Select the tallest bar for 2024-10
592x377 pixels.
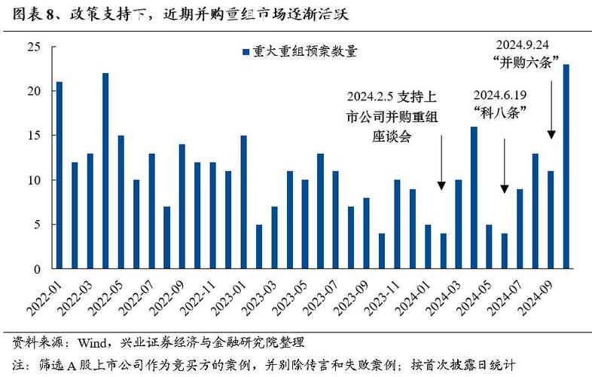point(566,167)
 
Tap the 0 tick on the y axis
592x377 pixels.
point(35,269)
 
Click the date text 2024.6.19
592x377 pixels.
point(500,96)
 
